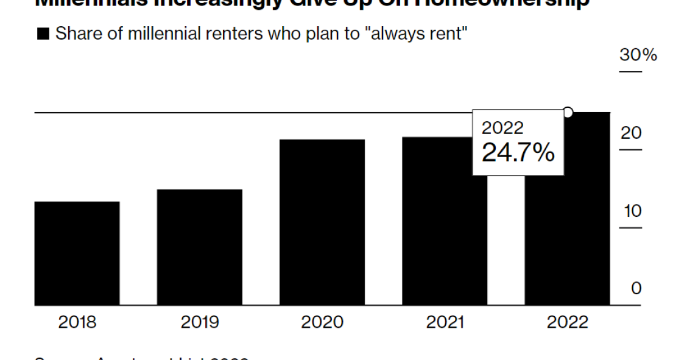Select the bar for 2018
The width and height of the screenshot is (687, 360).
point(77,253)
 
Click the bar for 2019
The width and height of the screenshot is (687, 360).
point(199,247)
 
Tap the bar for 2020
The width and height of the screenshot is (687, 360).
point(322,222)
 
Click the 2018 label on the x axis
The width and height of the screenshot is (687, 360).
point(77,322)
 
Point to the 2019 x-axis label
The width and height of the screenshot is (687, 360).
point(199,322)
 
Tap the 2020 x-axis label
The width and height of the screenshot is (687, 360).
point(322,322)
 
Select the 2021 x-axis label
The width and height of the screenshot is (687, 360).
point(445,322)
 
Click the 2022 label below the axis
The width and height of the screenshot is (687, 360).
point(568,322)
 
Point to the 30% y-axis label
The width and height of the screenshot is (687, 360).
point(638,55)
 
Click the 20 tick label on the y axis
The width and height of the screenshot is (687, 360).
point(631,133)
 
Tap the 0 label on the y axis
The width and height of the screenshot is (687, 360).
point(636,289)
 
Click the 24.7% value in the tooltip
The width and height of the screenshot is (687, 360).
point(518,153)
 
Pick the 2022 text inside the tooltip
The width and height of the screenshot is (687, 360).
point(502,128)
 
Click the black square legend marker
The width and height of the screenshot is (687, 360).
point(43,34)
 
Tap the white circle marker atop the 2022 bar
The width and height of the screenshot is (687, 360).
point(568,112)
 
